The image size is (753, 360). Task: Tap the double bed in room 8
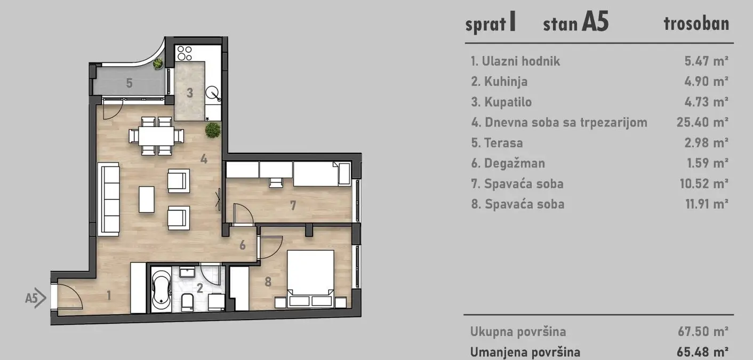311,278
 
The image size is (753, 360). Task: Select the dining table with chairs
157,135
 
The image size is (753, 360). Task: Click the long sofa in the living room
109,198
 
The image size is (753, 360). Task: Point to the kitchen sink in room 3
214,93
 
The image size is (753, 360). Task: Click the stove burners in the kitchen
184,53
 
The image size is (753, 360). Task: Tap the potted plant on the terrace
158,65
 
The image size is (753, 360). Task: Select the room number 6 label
243,245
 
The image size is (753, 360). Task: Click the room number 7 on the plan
293,205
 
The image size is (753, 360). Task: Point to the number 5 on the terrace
130,83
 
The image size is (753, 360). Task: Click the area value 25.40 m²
702,123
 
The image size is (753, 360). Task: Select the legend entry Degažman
508,164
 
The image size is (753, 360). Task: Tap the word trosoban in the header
696,24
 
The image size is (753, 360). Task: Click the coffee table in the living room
147,199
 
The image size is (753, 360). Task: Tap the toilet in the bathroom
187,302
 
